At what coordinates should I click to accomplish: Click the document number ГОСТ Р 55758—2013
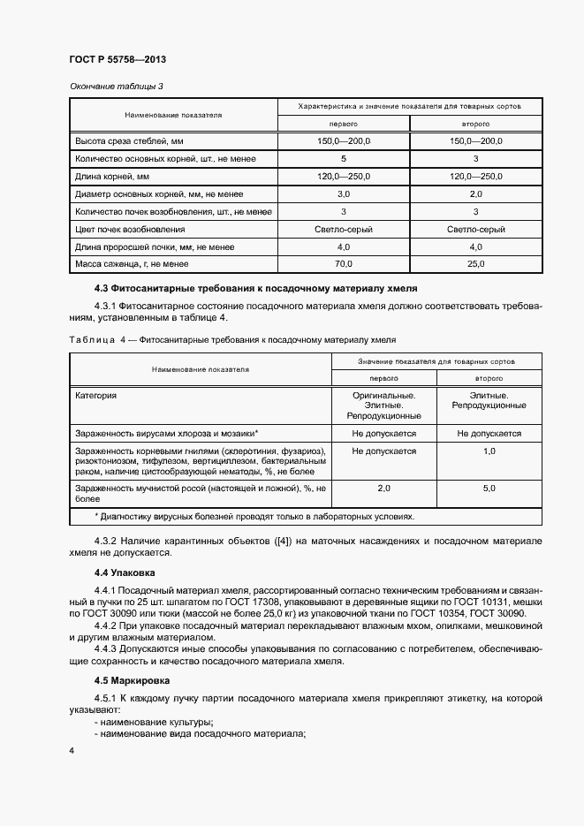tap(118, 59)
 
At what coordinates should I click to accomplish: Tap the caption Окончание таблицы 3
tap(117, 86)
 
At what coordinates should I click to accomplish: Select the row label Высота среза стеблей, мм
tap(129, 141)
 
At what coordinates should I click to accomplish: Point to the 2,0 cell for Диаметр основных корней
tap(475, 193)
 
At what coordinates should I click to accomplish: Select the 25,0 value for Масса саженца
tap(475, 263)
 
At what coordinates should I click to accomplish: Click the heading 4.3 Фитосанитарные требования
tap(255, 289)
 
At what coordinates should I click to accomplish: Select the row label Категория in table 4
tap(96, 396)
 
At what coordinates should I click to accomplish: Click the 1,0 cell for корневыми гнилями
tap(489, 451)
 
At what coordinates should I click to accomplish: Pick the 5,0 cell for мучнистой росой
tap(489, 488)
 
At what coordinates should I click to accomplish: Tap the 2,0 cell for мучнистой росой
tap(383, 488)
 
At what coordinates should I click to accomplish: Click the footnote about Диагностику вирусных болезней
tap(254, 517)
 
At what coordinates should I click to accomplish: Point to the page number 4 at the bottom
tap(72, 750)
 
